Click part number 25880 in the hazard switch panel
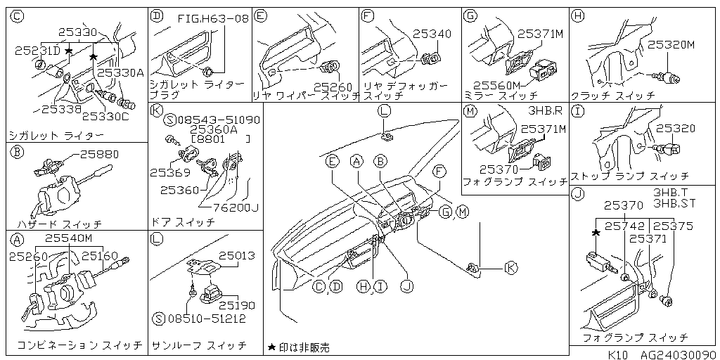pyautogui.click(x=99, y=154)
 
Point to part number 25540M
pyautogui.click(x=69, y=239)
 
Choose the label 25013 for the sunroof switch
pyautogui.click(x=236, y=256)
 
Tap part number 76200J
pyautogui.click(x=235, y=207)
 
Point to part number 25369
pyautogui.click(x=169, y=172)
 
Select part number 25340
pyautogui.click(x=432, y=33)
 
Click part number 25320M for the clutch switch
pyautogui.click(x=670, y=44)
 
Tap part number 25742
pyautogui.click(x=624, y=226)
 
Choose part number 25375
pyautogui.click(x=674, y=226)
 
